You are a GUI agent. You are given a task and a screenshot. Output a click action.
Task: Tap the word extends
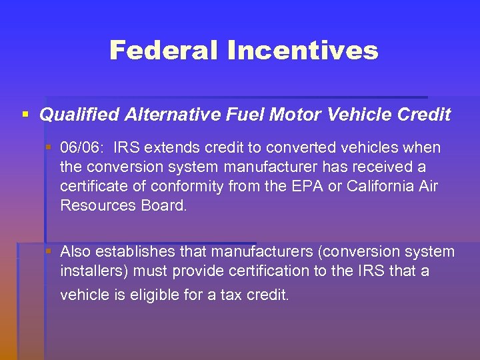pos(173,147)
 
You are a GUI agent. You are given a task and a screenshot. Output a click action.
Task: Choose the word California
pos(379,186)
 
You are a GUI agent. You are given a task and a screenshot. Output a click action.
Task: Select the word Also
pos(75,252)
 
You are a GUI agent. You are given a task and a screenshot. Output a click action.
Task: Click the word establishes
pos(129,252)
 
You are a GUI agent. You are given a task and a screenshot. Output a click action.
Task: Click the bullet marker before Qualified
pos(25,115)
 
